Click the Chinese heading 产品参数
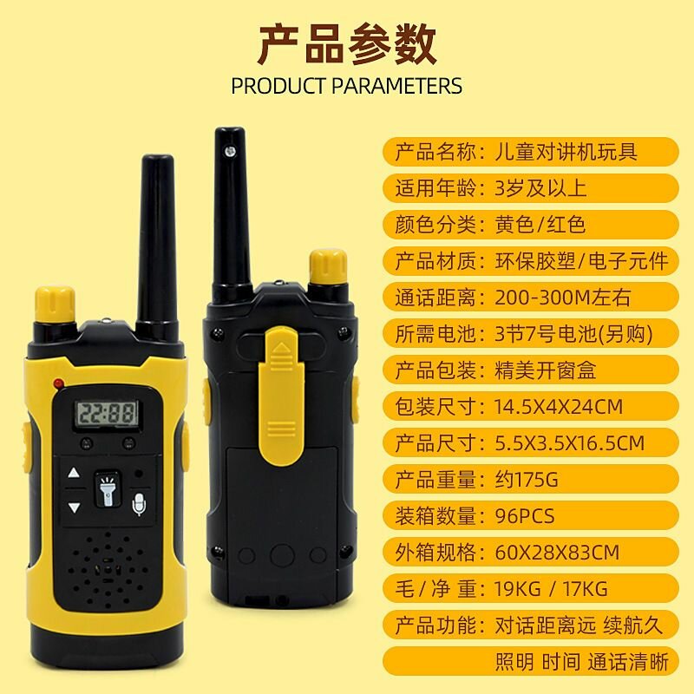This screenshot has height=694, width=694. point(347,45)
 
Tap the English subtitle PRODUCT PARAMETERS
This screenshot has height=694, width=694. point(347,86)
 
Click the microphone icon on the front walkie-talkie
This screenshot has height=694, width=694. point(139,503)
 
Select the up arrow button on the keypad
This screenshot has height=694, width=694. point(74,475)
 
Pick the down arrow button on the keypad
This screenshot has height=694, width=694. point(74,507)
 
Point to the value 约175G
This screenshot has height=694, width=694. point(526,480)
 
